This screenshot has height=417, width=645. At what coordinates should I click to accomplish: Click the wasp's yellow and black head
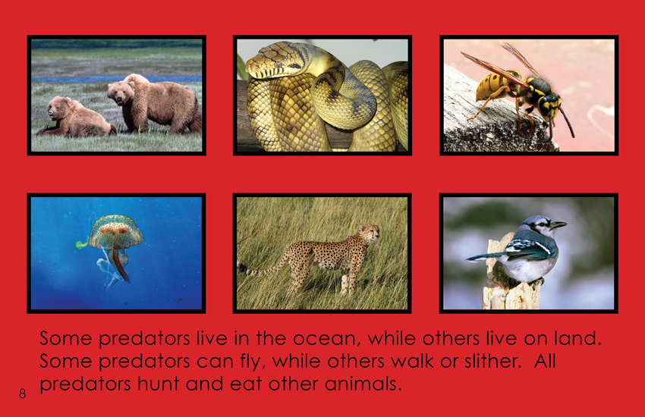tap(549, 105)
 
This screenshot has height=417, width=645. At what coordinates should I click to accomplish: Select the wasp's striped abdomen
tap(492, 87)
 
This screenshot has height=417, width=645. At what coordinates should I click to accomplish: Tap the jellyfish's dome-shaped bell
tap(116, 231)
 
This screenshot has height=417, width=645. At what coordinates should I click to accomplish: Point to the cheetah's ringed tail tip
tap(244, 268)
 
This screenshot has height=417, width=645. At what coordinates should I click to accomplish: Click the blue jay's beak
tap(558, 224)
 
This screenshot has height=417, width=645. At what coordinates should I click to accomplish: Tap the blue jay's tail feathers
tap(483, 257)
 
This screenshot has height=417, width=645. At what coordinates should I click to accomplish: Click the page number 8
tap(22, 393)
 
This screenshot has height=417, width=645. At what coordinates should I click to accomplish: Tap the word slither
tap(493, 361)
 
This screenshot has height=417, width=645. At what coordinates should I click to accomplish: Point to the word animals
tap(363, 384)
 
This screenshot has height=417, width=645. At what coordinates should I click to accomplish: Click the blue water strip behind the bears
tap(116, 78)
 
